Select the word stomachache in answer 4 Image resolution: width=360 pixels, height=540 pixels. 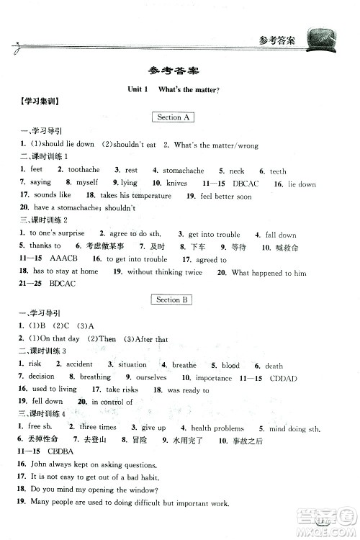click(183, 171)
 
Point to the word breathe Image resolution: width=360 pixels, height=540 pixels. click(184, 365)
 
